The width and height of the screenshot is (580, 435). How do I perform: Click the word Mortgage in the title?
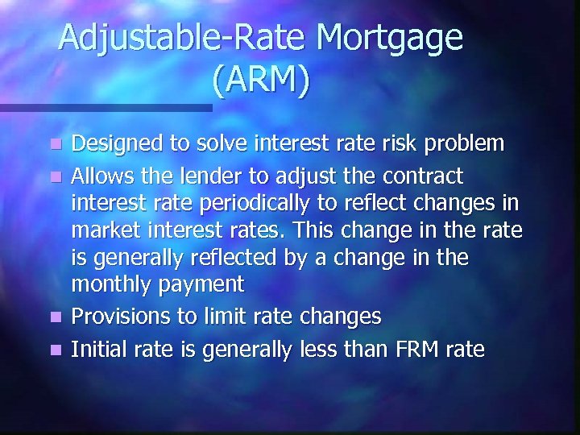[390, 39]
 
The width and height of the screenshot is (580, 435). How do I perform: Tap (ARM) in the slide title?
[260, 80]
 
